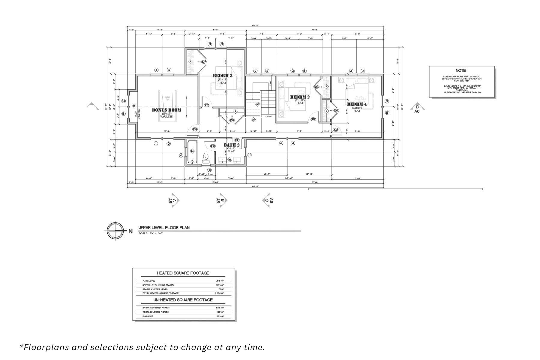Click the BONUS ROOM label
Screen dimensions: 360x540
tap(166, 110)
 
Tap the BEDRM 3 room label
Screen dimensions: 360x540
tap(223, 76)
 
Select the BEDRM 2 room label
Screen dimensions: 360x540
tap(300, 97)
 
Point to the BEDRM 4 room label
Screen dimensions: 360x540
tap(357, 104)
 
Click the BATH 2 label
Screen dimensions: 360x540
tap(232, 145)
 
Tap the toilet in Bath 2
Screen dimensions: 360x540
tap(206, 157)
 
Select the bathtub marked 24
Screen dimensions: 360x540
tap(192, 151)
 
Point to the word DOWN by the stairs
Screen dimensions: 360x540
tap(268, 116)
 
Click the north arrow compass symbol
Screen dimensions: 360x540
tap(115, 231)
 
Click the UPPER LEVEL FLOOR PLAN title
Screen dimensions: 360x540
tap(164, 228)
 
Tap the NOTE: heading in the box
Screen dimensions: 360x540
tap(461, 70)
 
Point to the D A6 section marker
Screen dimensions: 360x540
tap(417, 109)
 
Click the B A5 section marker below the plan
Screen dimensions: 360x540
tap(222, 200)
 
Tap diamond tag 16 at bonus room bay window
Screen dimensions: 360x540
tap(134, 106)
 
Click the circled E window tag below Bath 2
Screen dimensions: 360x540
tap(210, 170)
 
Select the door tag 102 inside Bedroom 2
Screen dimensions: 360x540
tap(313, 119)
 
